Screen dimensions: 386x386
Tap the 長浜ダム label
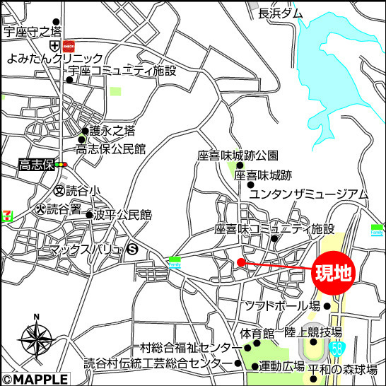280,13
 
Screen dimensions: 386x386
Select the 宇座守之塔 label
33,31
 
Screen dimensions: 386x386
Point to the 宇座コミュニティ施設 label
122,71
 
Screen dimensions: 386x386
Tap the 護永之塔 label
112,131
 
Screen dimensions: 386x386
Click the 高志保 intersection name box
37,165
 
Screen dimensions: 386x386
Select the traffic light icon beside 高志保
62,165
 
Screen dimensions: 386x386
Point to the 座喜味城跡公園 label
238,156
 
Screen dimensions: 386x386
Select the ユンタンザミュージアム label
309,193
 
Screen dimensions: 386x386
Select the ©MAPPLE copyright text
35,379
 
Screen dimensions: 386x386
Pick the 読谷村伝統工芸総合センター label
156,364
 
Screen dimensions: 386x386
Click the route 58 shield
340,349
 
